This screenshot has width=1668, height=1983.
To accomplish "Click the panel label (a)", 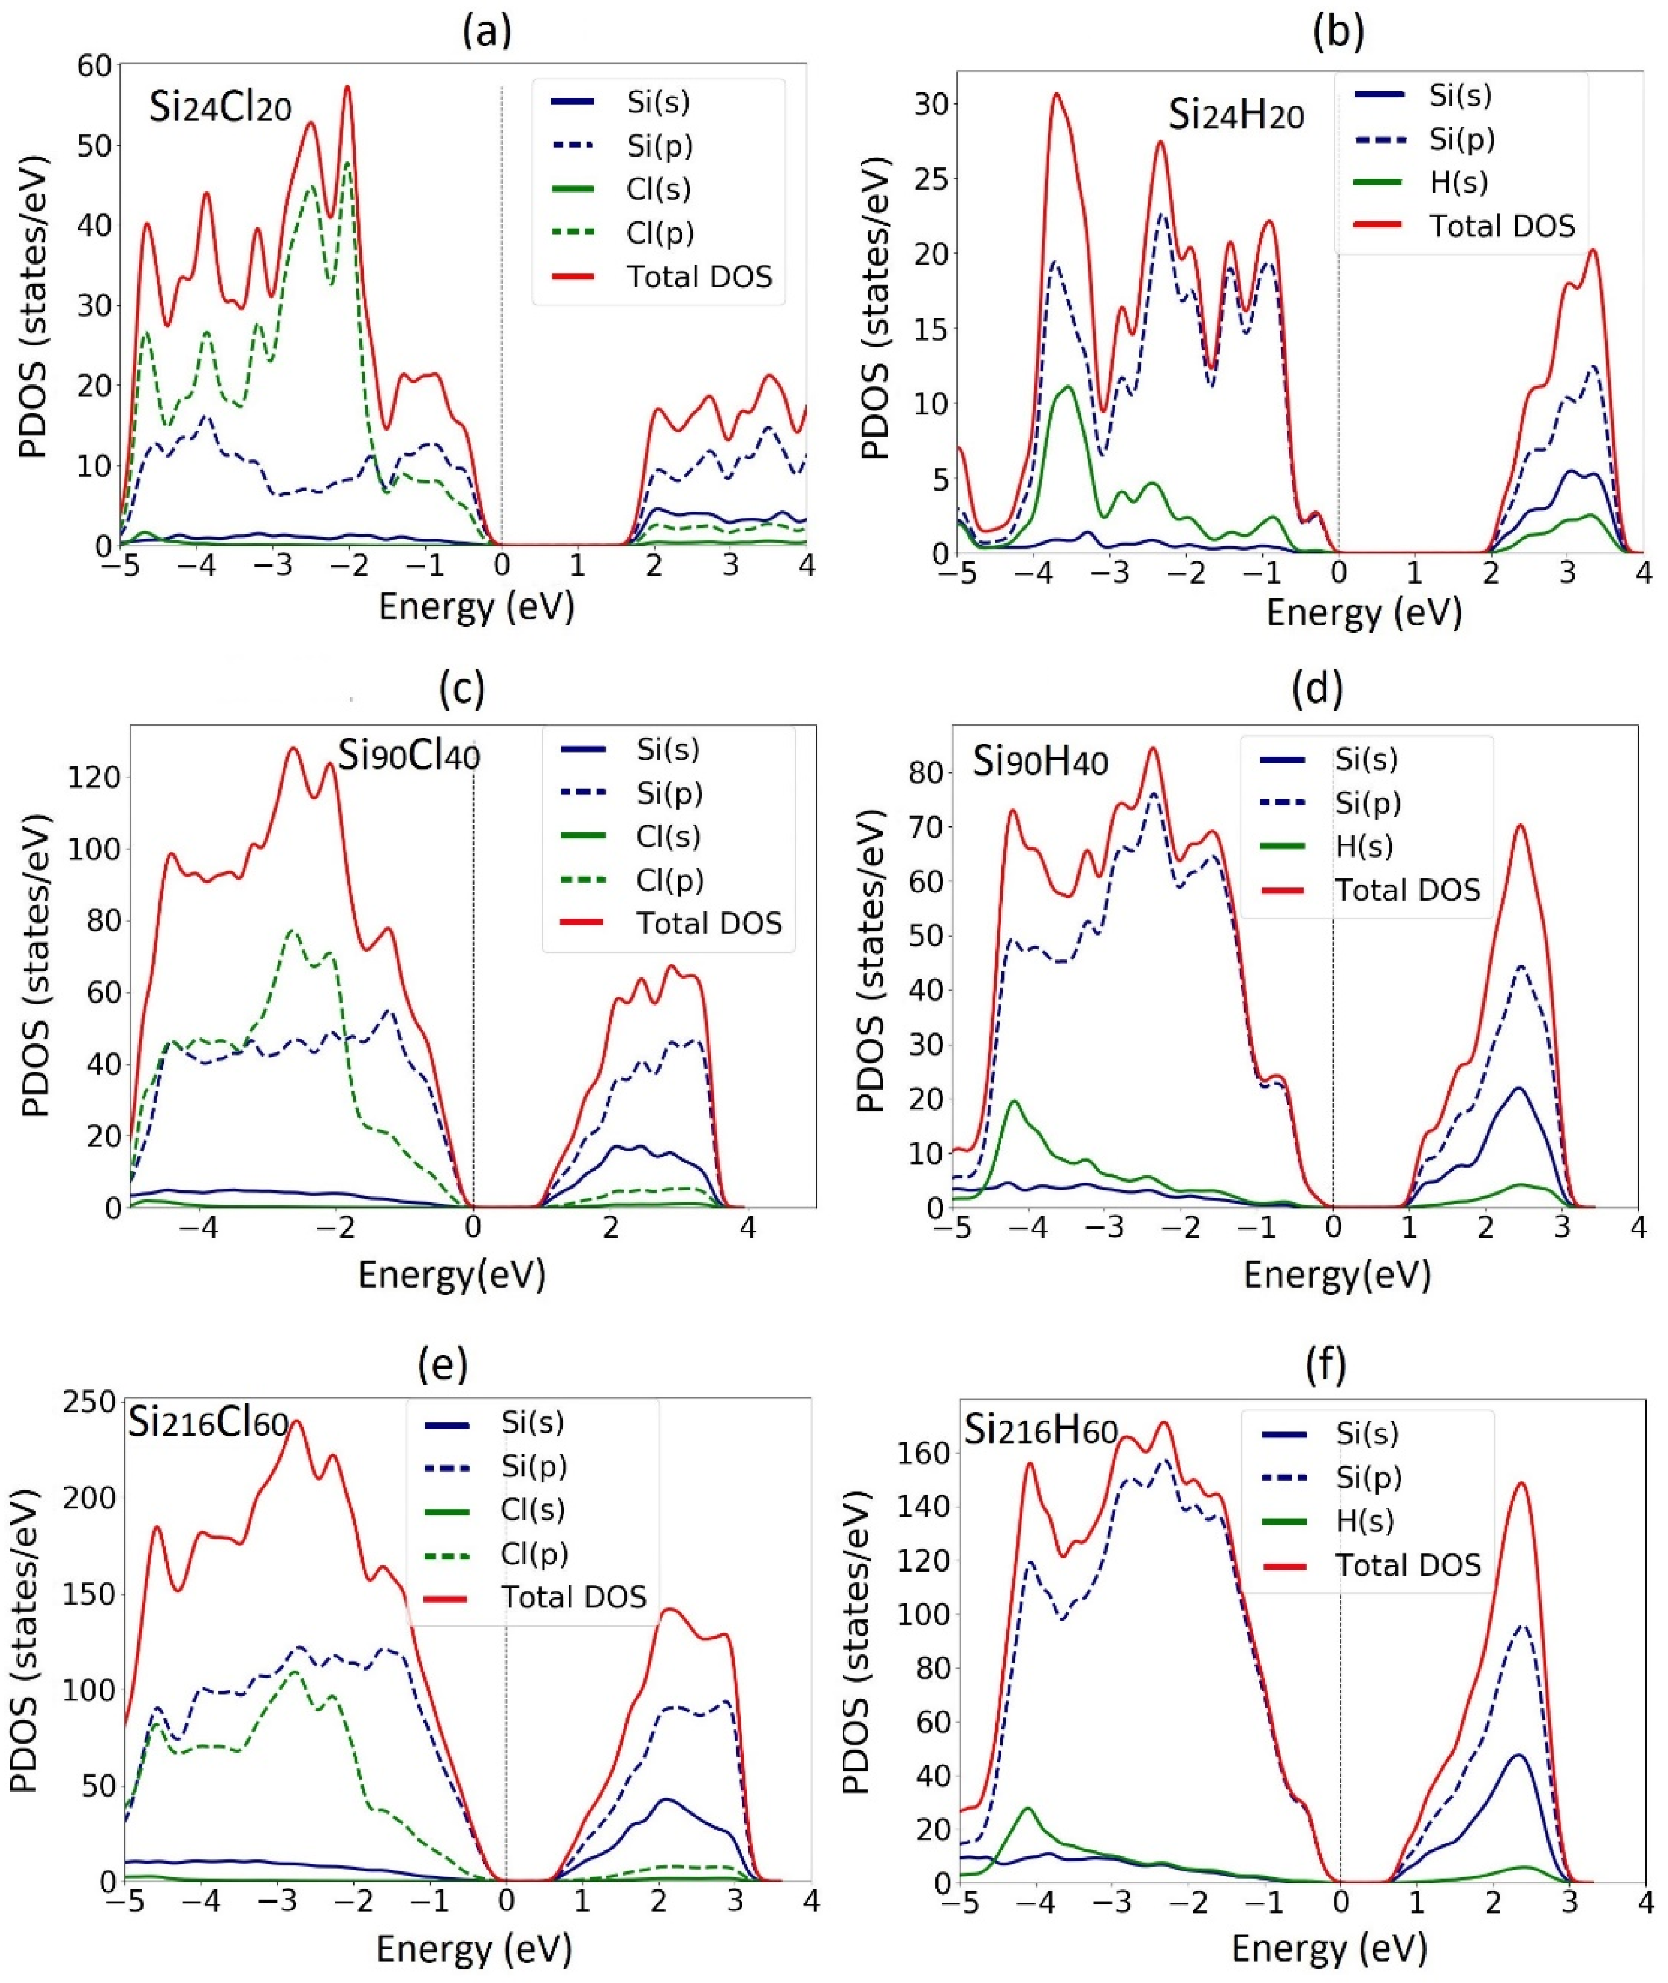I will (x=487, y=32).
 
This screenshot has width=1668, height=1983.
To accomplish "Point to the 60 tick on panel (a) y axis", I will (x=95, y=66).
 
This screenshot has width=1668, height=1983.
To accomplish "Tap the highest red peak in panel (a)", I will (x=347, y=88).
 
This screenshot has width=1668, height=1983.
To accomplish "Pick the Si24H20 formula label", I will (x=1236, y=116).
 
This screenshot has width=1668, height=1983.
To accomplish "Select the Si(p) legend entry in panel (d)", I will (x=1367, y=803).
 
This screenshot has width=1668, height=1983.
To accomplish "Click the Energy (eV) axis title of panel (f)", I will (x=1329, y=1948).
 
